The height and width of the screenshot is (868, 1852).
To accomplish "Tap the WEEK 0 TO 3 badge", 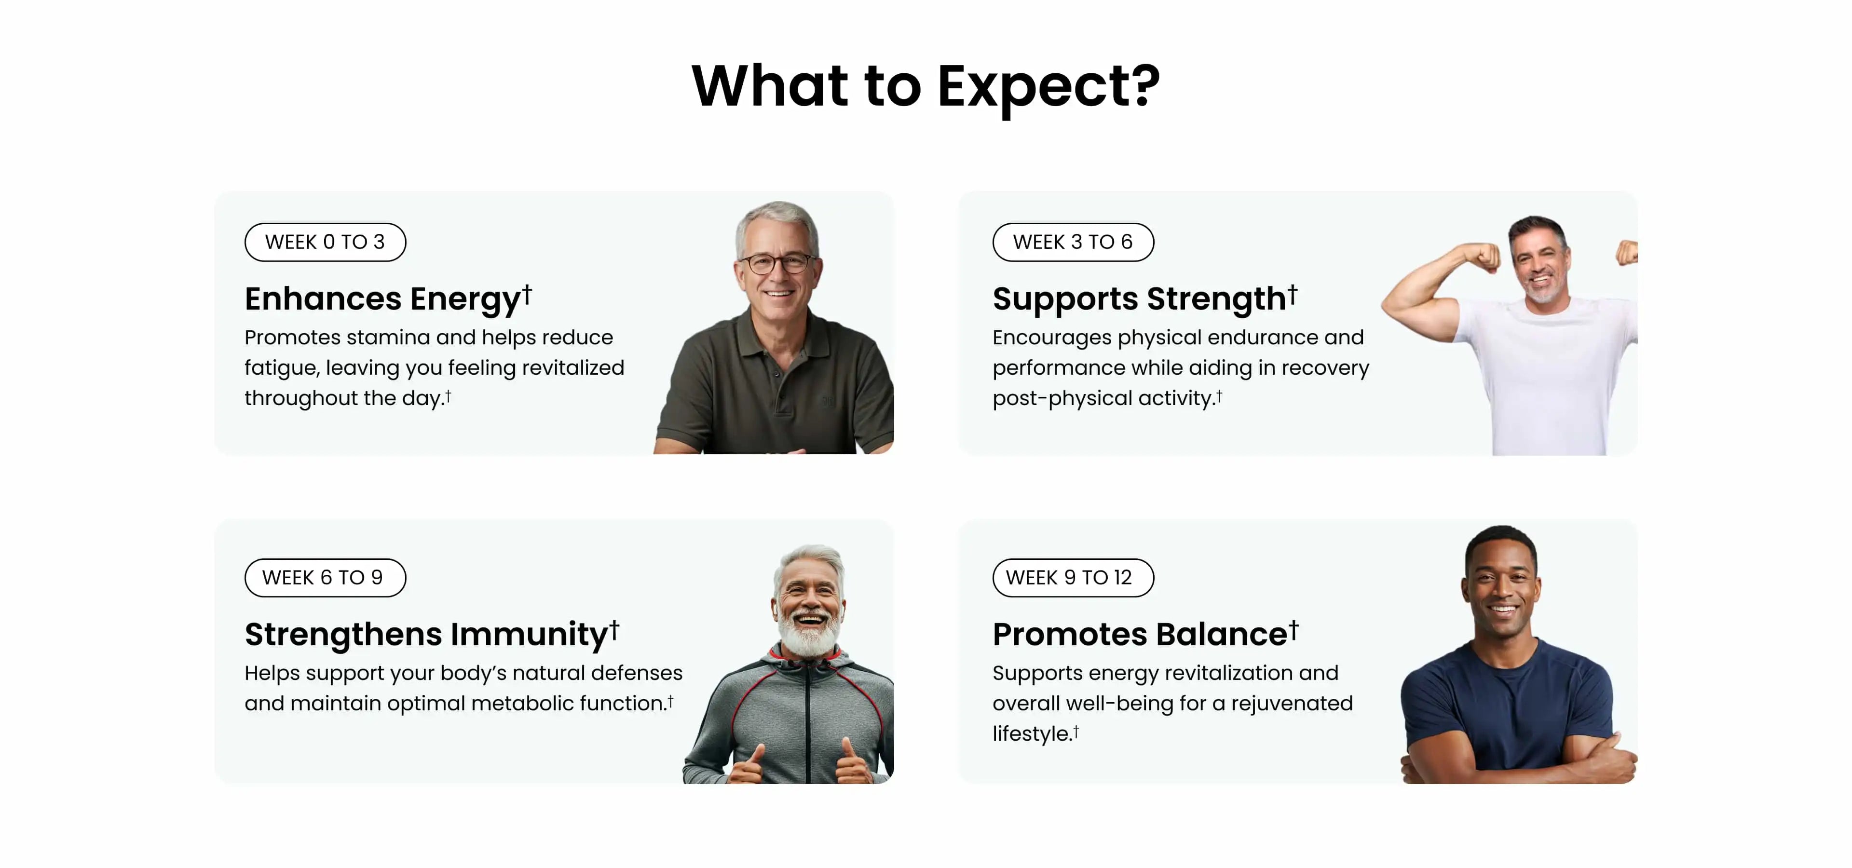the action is click(325, 242).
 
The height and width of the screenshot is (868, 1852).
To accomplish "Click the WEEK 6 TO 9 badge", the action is click(325, 578).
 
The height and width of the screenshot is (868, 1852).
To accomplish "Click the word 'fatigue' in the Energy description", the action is click(281, 368).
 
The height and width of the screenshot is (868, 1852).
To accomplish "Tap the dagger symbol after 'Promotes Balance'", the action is click(1294, 629).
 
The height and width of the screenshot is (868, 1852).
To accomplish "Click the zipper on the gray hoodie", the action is click(808, 726).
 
